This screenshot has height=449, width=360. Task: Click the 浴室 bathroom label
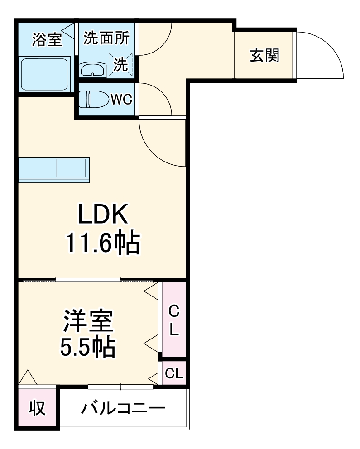coord(47,39)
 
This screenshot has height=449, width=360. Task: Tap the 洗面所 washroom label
coord(106,38)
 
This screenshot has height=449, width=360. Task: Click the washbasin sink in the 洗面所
coord(92,70)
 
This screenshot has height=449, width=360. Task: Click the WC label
coord(121,100)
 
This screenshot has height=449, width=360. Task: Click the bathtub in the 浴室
coord(45,73)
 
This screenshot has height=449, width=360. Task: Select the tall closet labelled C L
coord(174,319)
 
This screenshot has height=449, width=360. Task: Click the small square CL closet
coord(174,373)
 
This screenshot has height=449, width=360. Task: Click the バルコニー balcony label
coord(123,409)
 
